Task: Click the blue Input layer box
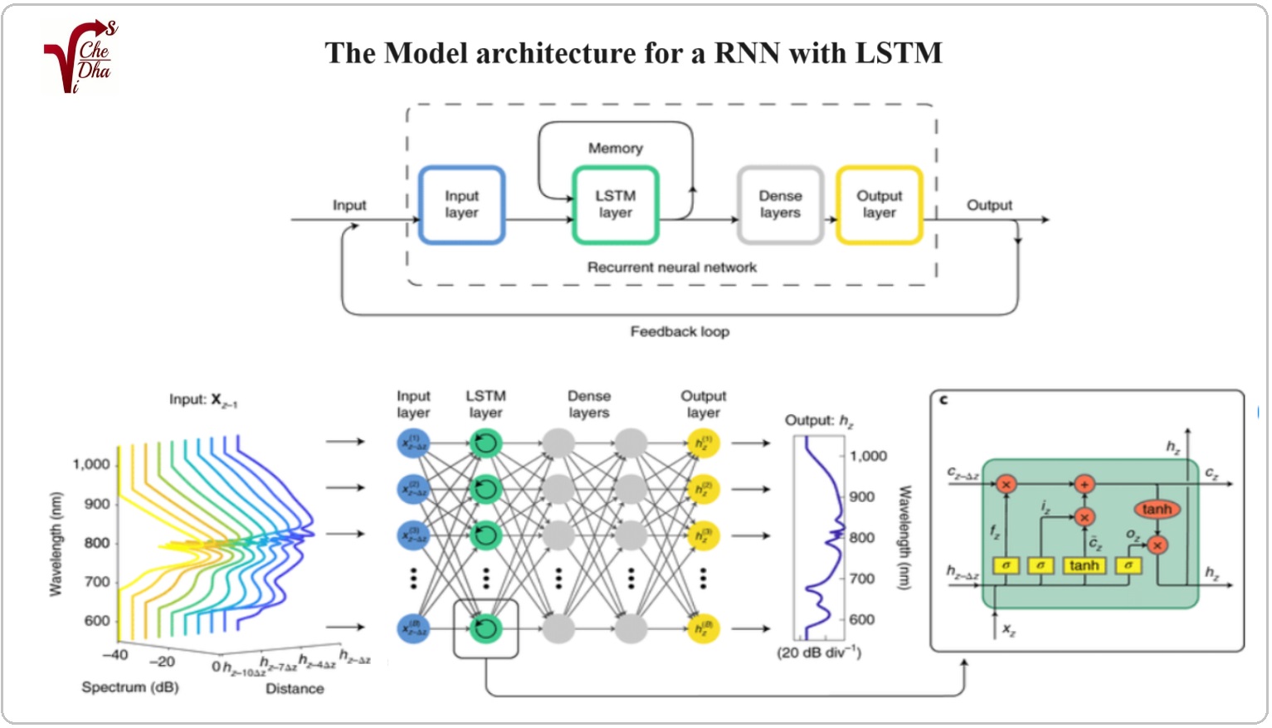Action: [461, 205]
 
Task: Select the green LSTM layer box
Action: [615, 205]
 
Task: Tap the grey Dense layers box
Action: [780, 205]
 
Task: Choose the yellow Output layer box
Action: [879, 205]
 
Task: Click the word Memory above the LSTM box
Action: [615, 149]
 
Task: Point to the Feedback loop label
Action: [680, 332]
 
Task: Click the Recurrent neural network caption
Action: [671, 267]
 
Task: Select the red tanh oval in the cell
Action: [1156, 509]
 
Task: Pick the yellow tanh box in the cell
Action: [1084, 565]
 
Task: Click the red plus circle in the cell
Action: [1084, 484]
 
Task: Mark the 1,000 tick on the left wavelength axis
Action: [91, 464]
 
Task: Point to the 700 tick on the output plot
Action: [862, 579]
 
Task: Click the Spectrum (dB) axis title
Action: [129, 687]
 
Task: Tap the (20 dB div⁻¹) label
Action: [819, 652]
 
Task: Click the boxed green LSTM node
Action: [485, 628]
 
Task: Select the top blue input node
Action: [413, 443]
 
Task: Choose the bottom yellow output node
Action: [703, 628]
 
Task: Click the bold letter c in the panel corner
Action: [943, 400]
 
